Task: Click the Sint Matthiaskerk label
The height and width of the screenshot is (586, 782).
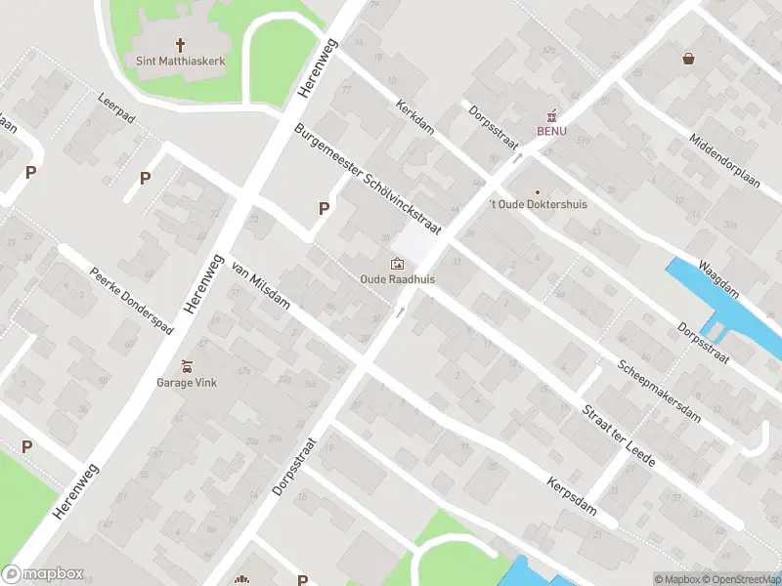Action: [180, 61]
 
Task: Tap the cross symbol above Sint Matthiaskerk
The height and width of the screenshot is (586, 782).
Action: [180, 45]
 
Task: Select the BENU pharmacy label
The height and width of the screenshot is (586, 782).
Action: [550, 131]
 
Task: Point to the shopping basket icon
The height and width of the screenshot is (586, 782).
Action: [689, 59]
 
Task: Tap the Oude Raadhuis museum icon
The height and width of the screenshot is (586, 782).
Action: [397, 264]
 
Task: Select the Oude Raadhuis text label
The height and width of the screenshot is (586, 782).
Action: [397, 279]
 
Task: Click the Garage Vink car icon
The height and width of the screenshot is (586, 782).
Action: [187, 366]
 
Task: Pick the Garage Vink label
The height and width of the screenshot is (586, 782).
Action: [187, 383]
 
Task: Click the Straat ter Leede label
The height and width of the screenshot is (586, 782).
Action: [619, 436]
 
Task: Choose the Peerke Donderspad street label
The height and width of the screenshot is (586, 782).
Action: [124, 298]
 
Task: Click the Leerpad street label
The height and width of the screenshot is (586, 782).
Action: [118, 106]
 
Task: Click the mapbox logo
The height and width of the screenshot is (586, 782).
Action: [43, 574]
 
